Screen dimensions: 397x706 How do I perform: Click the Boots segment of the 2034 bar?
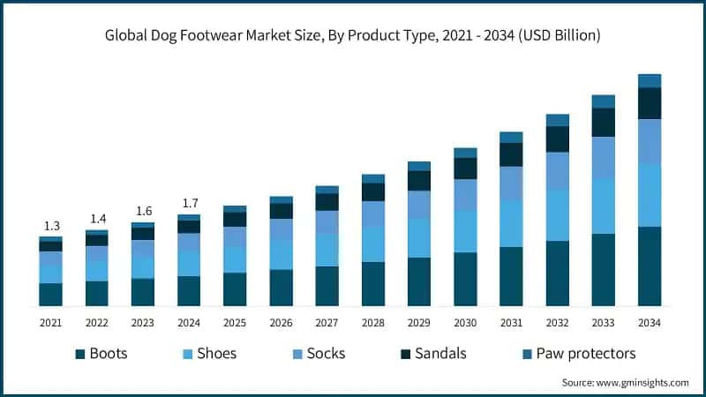click(650, 266)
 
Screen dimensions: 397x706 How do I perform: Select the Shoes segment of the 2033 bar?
click(604, 206)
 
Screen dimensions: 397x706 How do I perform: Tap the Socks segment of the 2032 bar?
click(558, 171)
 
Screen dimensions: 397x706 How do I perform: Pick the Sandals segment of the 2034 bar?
click(650, 103)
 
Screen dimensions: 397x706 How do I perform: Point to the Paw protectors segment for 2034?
click(650, 81)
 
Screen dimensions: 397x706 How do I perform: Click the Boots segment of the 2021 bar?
click(51, 295)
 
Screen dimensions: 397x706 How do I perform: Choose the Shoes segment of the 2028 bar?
click(373, 243)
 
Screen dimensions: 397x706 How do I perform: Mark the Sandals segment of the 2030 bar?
click(465, 169)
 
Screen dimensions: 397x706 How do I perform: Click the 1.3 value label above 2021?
click(51, 227)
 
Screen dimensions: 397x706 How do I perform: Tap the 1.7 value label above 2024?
click(189, 204)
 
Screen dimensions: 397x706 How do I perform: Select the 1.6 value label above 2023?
click(143, 211)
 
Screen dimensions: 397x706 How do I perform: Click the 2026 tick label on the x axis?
click(282, 323)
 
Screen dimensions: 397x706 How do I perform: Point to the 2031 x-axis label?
click(511, 323)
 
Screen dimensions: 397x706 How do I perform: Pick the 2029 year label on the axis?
click(419, 323)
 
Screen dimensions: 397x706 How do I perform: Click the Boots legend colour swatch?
click(80, 354)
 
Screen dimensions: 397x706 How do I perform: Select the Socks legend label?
click(327, 354)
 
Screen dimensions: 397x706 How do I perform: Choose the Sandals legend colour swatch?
click(406, 354)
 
